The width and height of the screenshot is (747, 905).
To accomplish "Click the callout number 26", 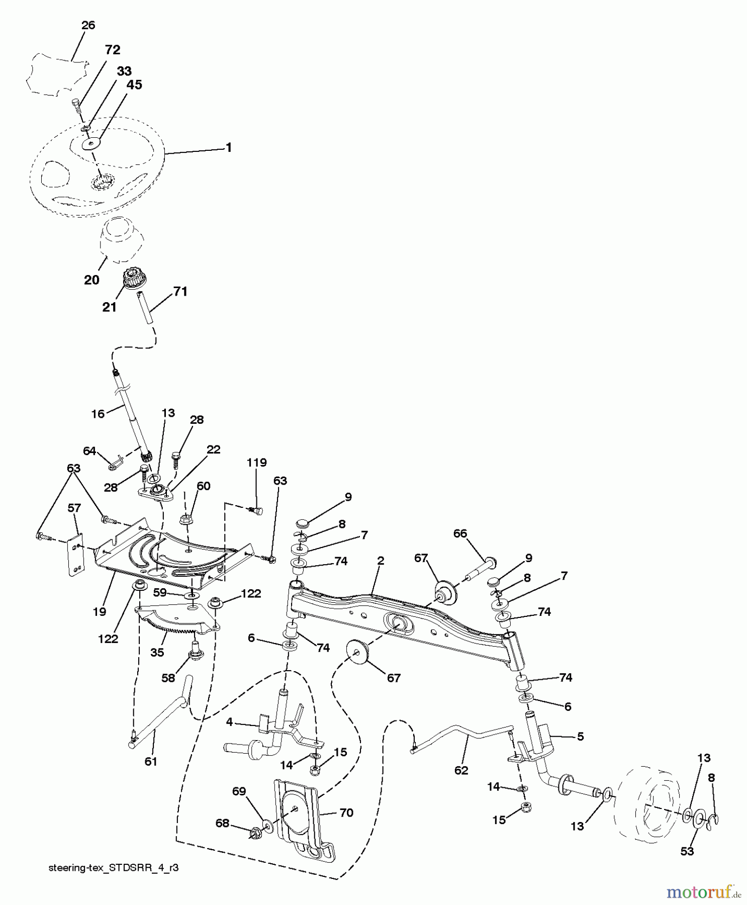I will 88,25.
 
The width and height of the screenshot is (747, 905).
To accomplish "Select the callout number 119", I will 256,462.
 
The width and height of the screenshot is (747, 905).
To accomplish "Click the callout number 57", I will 74,508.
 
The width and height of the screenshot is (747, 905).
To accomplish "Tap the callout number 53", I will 687,851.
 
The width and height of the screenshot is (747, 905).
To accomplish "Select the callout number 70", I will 346,812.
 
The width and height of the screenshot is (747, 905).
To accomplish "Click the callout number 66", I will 460,533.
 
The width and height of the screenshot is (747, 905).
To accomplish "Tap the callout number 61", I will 151,761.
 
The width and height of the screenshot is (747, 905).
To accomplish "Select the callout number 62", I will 461,770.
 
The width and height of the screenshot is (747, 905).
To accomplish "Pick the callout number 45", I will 134,85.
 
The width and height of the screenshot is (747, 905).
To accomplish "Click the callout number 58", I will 168,678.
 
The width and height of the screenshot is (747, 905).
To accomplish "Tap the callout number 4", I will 229,722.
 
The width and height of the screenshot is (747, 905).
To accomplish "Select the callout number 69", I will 239,791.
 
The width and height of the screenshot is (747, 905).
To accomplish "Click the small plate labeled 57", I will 76,559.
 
